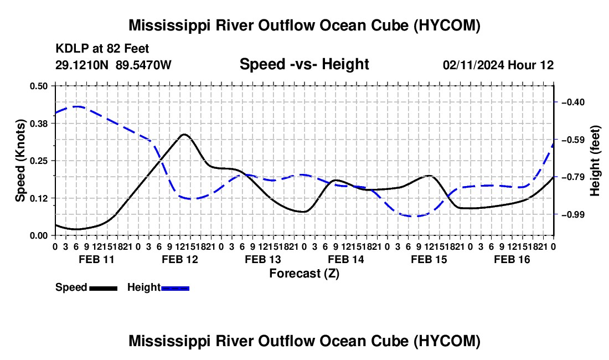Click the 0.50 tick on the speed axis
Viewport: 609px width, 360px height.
point(38,86)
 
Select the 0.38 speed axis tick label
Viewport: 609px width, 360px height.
point(38,124)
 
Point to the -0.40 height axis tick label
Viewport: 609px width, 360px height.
point(573,102)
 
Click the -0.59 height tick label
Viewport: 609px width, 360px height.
point(573,140)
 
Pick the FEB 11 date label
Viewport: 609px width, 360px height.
point(97,259)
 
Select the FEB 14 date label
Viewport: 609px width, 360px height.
point(346,259)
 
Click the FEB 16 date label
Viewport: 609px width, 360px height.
point(512,259)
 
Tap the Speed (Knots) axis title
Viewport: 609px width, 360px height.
point(20,161)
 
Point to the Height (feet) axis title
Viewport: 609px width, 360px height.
point(595,161)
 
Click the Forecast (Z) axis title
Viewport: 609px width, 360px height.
point(304,274)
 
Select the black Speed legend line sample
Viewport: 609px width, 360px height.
point(104,289)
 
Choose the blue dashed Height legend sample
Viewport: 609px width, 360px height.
point(175,289)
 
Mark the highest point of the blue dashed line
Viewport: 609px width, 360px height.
point(76,106)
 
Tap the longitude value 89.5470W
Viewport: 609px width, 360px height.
point(143,65)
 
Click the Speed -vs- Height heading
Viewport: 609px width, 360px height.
point(304,64)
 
